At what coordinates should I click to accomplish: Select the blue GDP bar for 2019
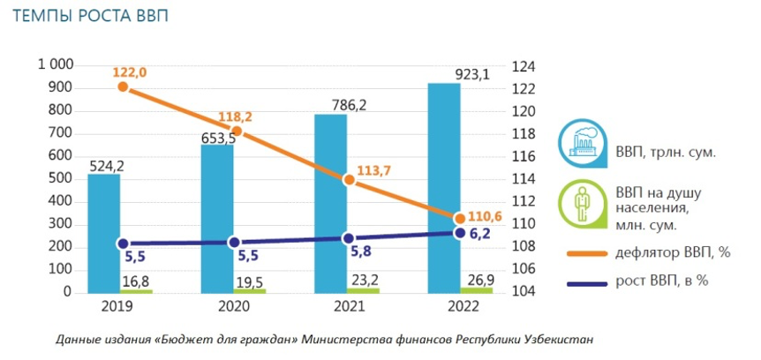point(103,234)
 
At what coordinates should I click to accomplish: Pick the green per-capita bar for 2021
point(363,289)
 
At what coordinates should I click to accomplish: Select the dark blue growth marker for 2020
point(235,242)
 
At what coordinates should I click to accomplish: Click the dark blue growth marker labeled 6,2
point(459,232)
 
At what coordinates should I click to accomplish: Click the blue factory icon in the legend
point(579,141)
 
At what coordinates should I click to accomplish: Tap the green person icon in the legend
point(580,202)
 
